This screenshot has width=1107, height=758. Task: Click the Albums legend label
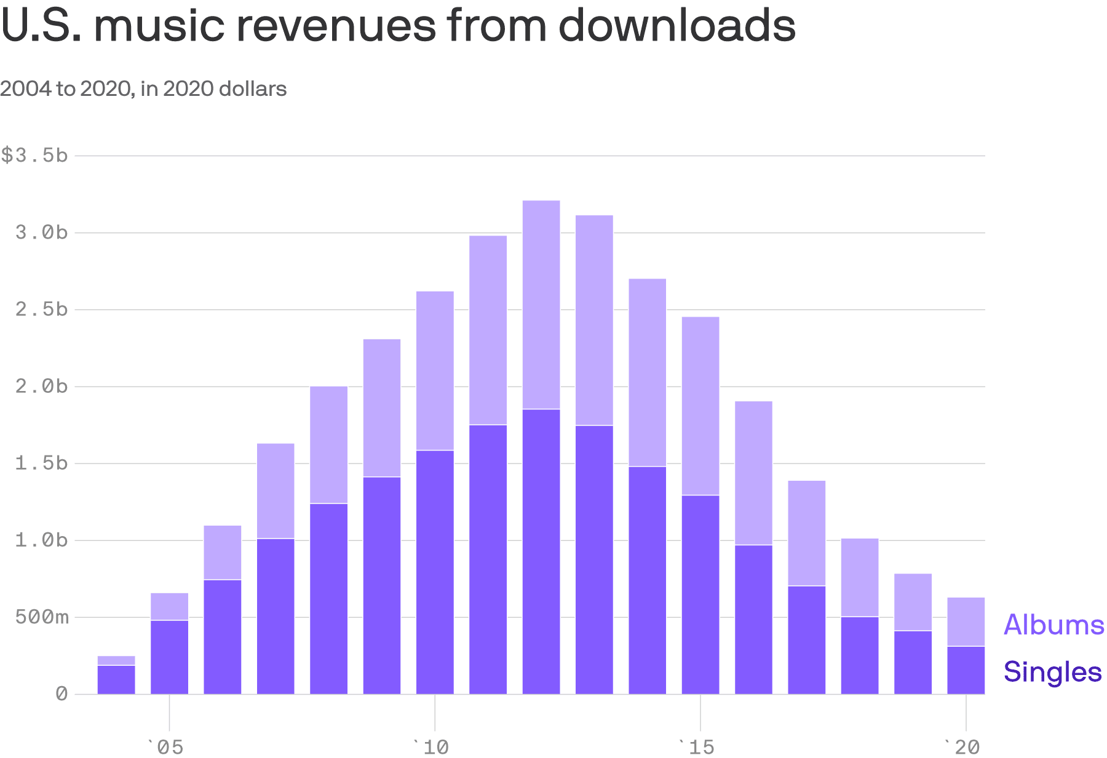click(x=1053, y=625)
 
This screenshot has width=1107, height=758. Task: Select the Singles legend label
click(x=1052, y=671)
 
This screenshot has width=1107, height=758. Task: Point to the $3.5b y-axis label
click(x=34, y=155)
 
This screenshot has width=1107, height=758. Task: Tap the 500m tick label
click(x=42, y=617)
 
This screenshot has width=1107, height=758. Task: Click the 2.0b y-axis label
click(x=42, y=386)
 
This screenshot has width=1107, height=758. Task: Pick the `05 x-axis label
click(x=165, y=747)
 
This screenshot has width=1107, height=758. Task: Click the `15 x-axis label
click(x=697, y=747)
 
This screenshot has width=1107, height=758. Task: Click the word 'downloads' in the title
click(x=676, y=26)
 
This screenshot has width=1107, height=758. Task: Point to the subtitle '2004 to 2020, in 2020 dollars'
click(x=143, y=89)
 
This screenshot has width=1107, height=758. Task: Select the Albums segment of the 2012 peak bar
click(x=541, y=304)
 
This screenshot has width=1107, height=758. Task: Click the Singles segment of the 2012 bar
click(x=541, y=551)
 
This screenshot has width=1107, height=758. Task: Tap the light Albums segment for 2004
click(x=116, y=660)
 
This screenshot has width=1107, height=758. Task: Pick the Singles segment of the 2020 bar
click(x=966, y=670)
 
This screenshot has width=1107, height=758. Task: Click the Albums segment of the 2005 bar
click(x=170, y=607)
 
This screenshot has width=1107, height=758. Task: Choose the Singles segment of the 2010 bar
click(x=435, y=572)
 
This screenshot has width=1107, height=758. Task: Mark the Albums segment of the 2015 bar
click(x=700, y=406)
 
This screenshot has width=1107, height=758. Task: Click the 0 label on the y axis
click(x=61, y=694)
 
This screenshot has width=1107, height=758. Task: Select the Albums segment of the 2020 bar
click(x=966, y=622)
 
